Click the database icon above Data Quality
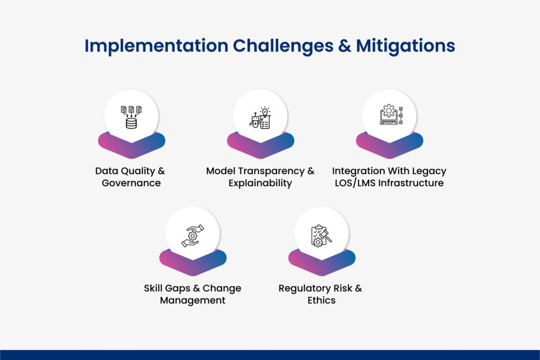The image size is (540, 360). tap(131, 116)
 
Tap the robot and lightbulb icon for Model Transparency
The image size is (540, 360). tap(260, 117)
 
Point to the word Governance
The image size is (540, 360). tap(131, 183)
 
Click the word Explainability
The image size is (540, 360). tap(260, 183)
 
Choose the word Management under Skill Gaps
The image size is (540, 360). tap(192, 300)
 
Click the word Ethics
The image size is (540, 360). tap(321, 300)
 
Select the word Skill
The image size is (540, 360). tap(154, 288)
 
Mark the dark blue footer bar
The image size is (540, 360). tap(270, 355)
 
